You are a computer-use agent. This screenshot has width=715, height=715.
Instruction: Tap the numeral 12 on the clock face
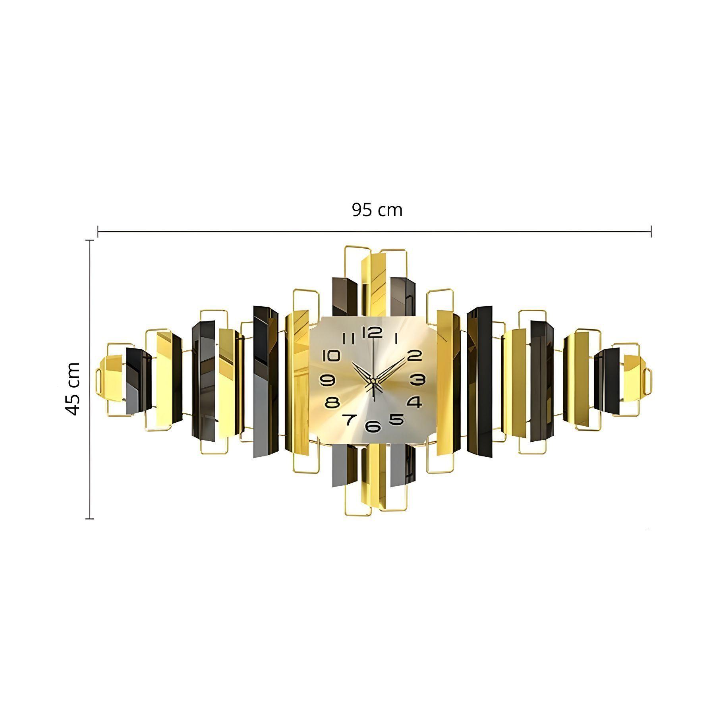pos(372,332)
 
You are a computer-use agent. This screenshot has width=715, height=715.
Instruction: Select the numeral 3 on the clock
pos(417,380)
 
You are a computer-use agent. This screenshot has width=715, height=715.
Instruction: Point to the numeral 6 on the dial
pos(373,426)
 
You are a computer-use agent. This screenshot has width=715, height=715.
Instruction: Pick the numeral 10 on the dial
pos(331,356)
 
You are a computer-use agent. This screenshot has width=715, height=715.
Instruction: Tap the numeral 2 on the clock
pos(414,355)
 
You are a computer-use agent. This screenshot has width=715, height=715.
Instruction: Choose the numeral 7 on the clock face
pos(349,419)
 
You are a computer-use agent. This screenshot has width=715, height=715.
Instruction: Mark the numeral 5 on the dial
pos(396,419)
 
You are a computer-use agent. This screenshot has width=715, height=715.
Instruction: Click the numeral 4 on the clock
pos(414,402)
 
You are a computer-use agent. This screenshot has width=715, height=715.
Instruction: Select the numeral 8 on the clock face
pos(332,403)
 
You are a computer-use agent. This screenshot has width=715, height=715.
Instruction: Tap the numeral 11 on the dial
pos(348,338)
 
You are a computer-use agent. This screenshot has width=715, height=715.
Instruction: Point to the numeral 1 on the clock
pos(396,338)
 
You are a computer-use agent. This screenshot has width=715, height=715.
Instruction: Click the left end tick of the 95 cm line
pos(98,231)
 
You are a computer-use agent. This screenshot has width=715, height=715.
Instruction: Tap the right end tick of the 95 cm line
pos(651,231)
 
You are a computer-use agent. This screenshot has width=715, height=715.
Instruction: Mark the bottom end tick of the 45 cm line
pos(90,518)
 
